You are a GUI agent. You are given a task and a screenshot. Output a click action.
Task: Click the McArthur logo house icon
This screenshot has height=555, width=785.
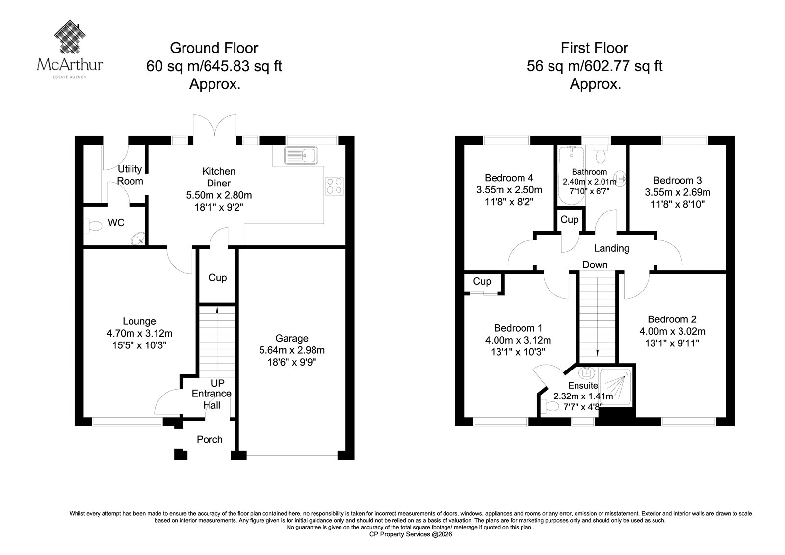70,36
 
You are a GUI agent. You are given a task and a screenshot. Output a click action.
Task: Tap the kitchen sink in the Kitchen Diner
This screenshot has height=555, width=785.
301,156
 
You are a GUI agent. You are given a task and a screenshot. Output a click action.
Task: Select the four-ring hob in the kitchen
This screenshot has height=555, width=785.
334,186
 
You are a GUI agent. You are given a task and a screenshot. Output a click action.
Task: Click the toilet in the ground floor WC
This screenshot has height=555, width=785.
93,225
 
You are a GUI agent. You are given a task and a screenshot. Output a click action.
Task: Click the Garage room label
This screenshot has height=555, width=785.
291,338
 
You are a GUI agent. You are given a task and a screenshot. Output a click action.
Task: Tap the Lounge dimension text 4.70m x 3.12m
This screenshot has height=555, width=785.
139,333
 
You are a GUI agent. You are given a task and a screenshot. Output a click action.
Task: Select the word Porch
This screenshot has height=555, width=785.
209,439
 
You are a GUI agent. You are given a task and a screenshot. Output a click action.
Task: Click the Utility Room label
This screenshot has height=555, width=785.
130,175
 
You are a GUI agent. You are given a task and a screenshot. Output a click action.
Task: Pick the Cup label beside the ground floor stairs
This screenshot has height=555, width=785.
218,278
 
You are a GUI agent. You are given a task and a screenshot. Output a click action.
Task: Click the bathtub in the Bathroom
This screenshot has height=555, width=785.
571,176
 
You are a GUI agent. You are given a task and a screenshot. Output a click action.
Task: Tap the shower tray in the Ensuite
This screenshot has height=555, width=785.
616,387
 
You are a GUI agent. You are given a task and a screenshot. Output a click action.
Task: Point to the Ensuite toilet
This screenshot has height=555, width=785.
550,406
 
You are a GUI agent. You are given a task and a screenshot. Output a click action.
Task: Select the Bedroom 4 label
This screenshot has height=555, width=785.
509,178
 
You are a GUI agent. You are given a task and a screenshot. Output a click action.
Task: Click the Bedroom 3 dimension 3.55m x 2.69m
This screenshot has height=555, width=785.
678,192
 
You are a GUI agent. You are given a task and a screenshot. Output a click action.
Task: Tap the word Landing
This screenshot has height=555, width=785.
611,248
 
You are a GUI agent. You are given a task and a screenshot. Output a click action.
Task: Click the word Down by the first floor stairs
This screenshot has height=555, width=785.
595,264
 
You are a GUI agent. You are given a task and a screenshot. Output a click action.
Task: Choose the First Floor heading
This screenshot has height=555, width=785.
594,48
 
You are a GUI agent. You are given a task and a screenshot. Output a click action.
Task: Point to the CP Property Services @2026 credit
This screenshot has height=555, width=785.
411,534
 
